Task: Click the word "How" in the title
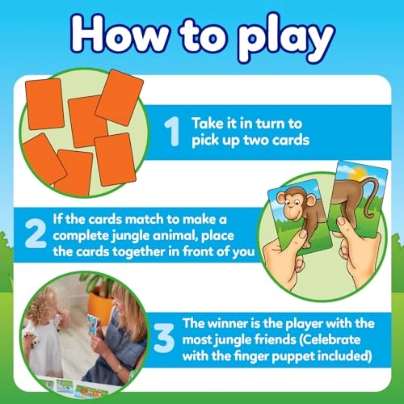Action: click(x=120, y=34)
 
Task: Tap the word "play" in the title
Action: click(x=286, y=40)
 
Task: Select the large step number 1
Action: click(x=172, y=132)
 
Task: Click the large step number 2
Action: click(x=36, y=234)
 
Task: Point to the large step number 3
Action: click(x=164, y=338)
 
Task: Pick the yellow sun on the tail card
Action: click(x=359, y=175)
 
